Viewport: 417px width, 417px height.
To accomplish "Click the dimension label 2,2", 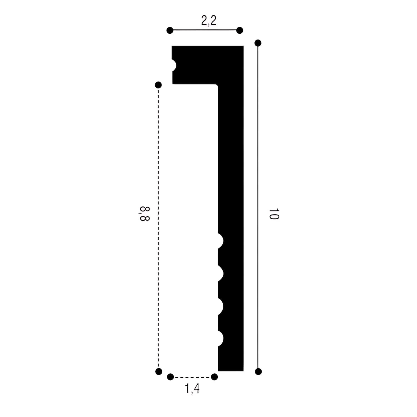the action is point(209,21).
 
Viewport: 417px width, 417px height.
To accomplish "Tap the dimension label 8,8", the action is point(144,214).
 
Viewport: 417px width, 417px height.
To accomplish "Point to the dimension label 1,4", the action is point(192,388).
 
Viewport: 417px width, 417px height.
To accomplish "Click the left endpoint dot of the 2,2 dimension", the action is point(170,30).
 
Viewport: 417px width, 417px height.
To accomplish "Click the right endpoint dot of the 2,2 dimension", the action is point(240,30).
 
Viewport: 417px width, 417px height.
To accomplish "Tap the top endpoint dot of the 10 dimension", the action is point(258,43).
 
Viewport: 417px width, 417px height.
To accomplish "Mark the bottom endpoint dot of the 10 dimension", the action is point(258,371).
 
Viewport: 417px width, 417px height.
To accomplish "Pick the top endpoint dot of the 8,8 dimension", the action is point(158,85).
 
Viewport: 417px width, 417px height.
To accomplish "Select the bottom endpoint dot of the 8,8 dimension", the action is point(159,371).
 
